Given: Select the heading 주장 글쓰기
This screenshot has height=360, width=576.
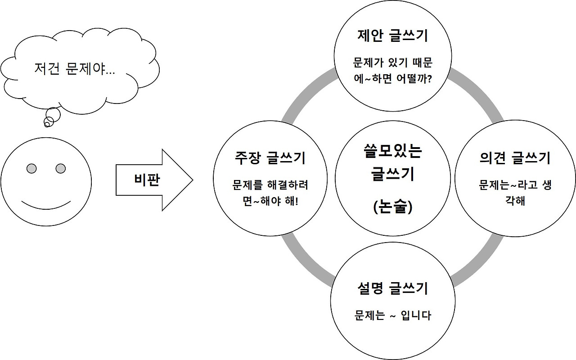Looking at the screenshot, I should [270, 158].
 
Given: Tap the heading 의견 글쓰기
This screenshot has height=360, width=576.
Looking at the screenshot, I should [515, 158].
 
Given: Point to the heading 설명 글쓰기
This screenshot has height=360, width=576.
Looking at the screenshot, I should [392, 288].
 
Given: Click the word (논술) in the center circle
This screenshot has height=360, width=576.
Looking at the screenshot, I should [392, 207].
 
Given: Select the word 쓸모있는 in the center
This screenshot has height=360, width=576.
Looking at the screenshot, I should [392, 151].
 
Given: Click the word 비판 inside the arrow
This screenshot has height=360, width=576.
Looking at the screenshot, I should [147, 180].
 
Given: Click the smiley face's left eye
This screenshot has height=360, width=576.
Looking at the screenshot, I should [31, 169].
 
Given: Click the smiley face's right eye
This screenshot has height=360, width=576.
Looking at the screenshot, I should [61, 169].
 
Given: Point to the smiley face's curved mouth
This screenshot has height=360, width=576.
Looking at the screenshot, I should [46, 205].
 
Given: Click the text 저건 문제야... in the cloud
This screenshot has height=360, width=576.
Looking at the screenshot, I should [74, 69].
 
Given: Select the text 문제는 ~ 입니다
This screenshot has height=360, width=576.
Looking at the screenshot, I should [392, 315].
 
